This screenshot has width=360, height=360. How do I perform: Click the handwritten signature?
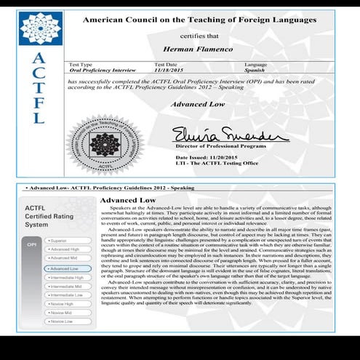pos(220,135)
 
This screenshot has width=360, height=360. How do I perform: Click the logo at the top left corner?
pos(40,26)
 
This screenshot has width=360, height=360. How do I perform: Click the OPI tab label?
pos(31,244)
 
